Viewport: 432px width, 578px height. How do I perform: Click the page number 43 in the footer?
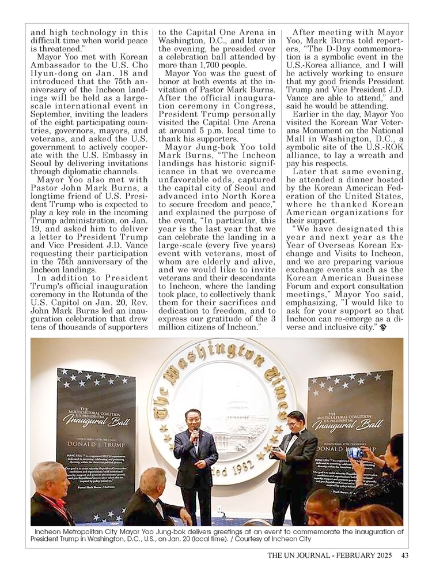tap(405, 556)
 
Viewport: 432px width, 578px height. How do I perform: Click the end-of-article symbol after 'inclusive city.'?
tap(382, 328)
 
